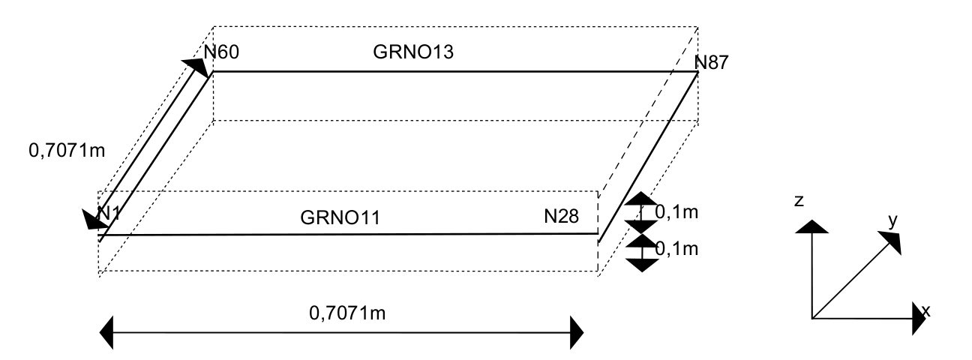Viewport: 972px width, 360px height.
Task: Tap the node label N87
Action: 711,62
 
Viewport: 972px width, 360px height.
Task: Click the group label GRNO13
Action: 414,54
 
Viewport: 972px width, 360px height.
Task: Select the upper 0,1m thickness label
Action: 676,213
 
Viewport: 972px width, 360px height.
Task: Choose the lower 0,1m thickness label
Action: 676,247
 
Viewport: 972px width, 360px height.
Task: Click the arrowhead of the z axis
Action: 812,226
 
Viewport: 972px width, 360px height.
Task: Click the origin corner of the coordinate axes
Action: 812,319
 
